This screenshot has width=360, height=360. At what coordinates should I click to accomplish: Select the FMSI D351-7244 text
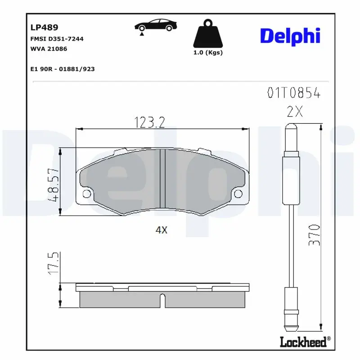click(x=56, y=39)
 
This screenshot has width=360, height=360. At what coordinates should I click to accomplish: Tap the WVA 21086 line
click(x=48, y=49)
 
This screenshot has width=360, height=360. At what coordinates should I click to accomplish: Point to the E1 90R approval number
click(x=62, y=69)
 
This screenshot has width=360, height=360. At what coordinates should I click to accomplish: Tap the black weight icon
click(x=207, y=34)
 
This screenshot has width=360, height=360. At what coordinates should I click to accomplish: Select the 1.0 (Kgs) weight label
click(x=207, y=53)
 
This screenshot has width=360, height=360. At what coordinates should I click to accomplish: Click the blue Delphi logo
click(x=290, y=36)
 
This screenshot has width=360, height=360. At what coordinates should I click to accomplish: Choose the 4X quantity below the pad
click(x=161, y=230)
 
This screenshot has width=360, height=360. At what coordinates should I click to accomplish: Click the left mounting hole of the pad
click(x=87, y=194)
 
